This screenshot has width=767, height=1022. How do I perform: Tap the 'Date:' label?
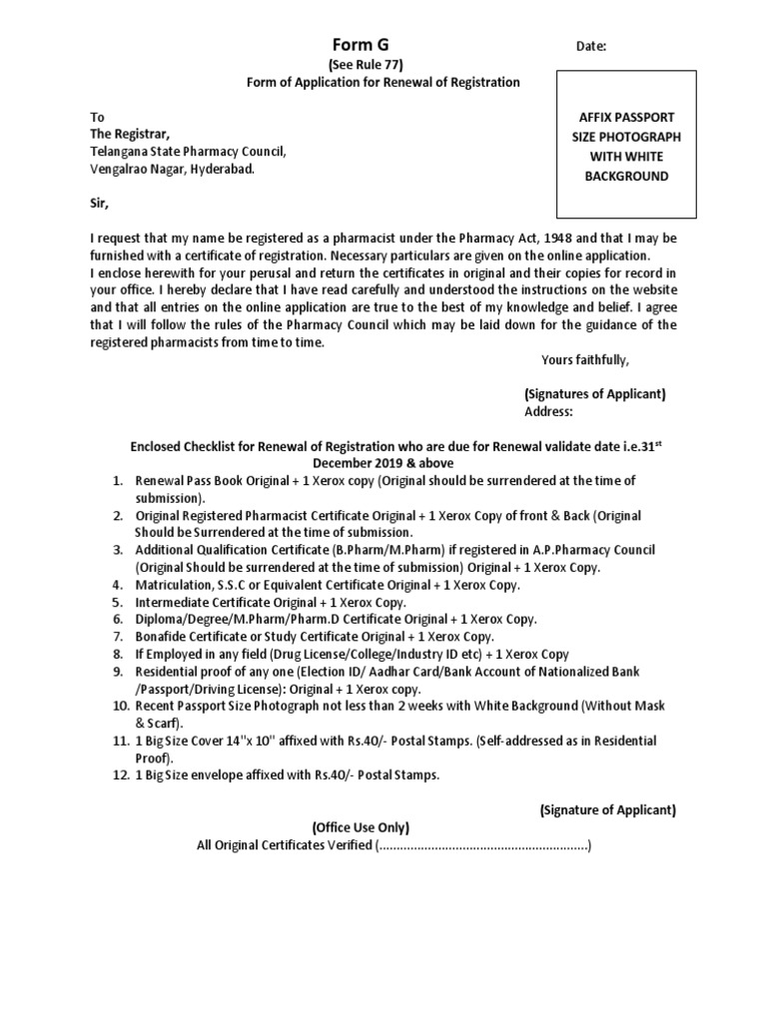click(x=590, y=47)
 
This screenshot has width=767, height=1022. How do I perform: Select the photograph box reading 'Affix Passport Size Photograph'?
click(x=626, y=146)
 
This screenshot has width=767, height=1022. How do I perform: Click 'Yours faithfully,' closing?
click(x=585, y=360)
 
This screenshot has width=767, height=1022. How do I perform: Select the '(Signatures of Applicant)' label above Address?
click(x=594, y=393)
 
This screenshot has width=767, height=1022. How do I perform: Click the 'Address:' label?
click(x=548, y=411)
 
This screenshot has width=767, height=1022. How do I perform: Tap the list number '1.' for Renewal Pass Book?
click(x=117, y=481)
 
